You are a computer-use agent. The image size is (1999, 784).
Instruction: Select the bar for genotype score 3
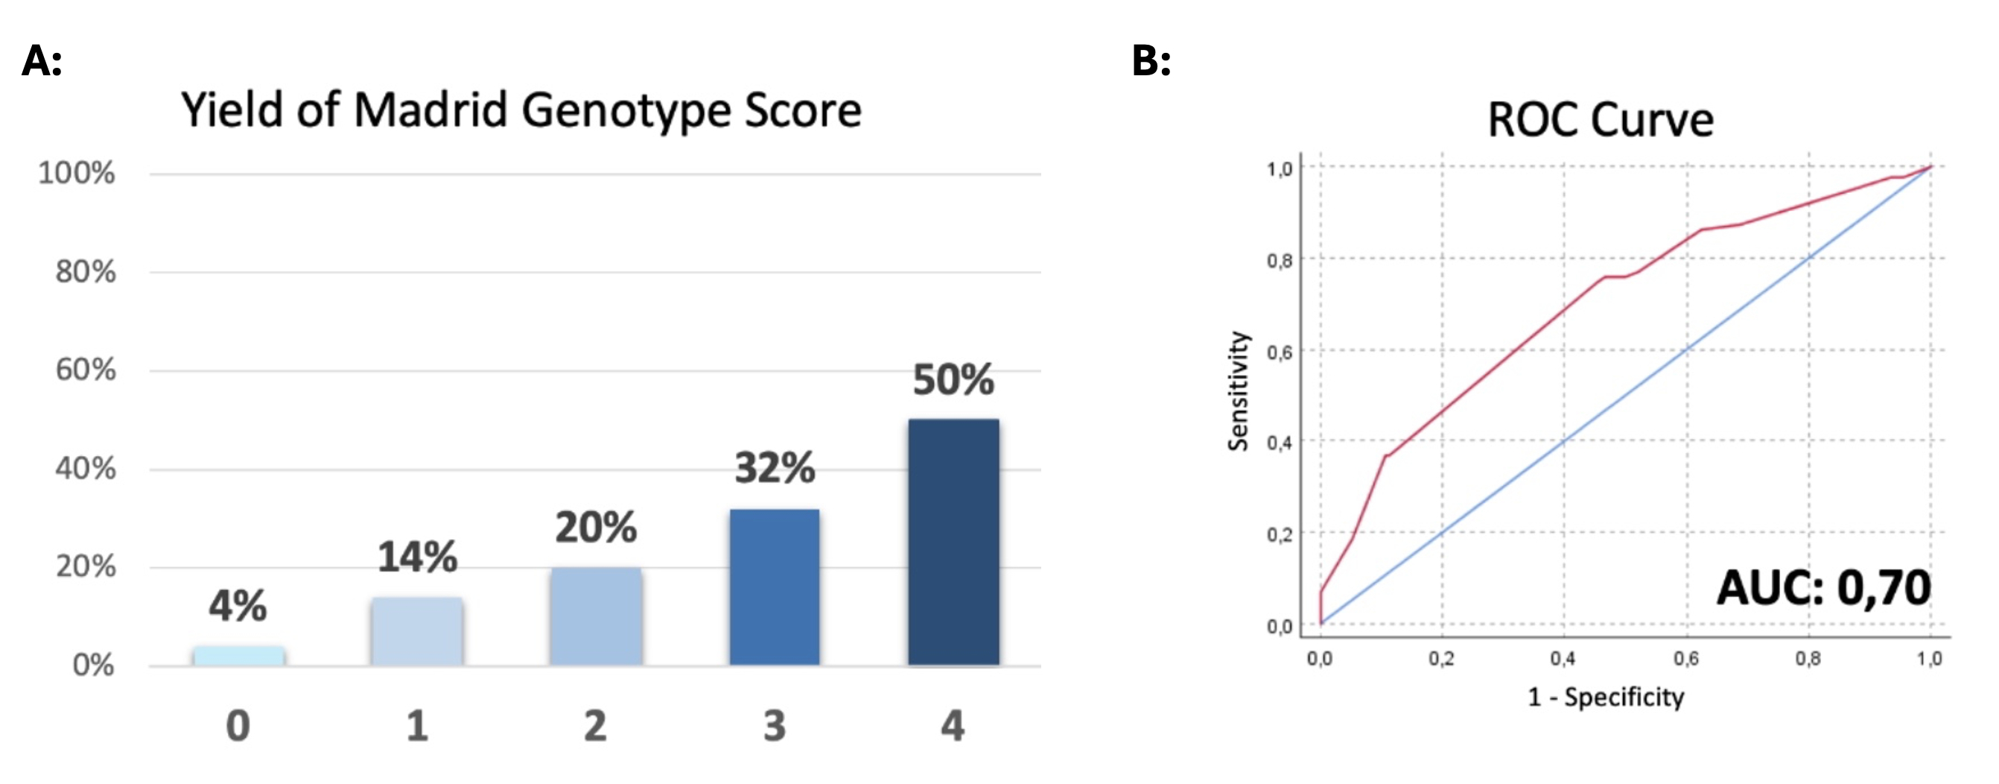pos(774,587)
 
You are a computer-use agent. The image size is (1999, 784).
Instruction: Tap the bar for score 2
pos(595,616)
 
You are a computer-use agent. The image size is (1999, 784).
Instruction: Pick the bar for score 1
pos(417,631)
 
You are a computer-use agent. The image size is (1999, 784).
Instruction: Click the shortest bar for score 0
pos(238,656)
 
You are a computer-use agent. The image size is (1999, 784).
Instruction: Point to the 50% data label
pos(953,379)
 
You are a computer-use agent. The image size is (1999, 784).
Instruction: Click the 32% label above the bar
pos(775,468)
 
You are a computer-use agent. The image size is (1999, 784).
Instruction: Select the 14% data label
pos(418,557)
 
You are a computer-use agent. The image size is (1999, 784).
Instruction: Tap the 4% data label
pos(238,606)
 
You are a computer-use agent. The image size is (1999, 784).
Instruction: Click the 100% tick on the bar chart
pos(76,173)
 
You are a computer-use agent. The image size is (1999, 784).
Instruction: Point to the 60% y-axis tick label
pos(86,370)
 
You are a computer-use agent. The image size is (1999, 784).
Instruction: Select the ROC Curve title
pos(1600,120)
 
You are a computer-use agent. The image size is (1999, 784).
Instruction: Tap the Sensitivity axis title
pos(1238,391)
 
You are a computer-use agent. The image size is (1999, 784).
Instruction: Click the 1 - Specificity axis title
pos(1606,697)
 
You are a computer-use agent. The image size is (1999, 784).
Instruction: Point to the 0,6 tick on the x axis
pos(1685,659)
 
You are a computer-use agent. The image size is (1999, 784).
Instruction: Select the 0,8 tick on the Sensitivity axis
pos(1280,261)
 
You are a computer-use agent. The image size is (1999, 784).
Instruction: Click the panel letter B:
pos(1151,60)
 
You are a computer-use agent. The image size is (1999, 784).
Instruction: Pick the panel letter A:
pos(42,60)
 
